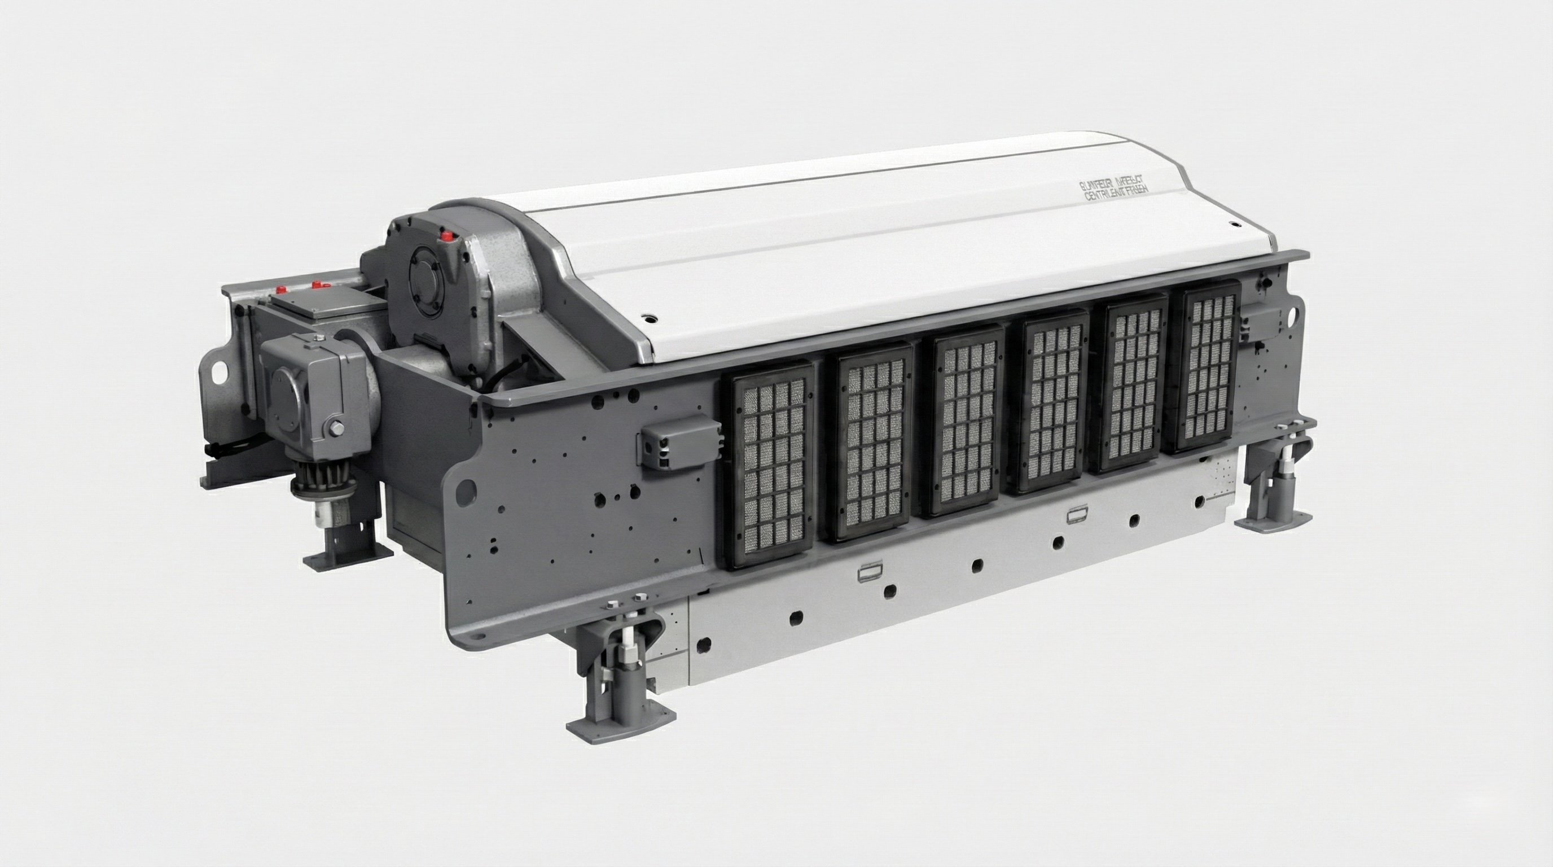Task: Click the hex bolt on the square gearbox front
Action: [x=336, y=428]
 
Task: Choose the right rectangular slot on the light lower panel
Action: [x=1077, y=515]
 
